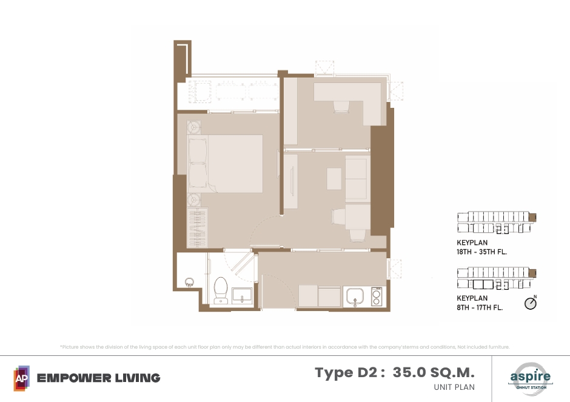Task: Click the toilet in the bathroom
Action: click(221, 290)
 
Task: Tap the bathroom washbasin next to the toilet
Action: click(242, 295)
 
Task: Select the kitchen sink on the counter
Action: click(355, 296)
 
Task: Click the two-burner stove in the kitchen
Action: click(377, 296)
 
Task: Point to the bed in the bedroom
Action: click(225, 164)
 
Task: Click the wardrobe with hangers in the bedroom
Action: click(198, 228)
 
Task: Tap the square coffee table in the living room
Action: click(334, 178)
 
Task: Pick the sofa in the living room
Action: click(358, 178)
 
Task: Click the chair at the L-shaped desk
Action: click(341, 107)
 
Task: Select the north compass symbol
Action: click(531, 303)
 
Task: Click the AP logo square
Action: click(21, 378)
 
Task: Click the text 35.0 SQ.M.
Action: click(434, 372)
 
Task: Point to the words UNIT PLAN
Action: click(454, 387)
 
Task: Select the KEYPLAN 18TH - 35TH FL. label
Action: click(481, 247)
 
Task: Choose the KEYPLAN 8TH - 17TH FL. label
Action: click(480, 303)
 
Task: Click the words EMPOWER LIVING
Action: click(98, 378)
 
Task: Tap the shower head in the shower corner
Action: click(189, 282)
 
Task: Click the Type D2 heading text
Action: click(350, 373)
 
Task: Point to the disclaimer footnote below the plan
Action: click(284, 347)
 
